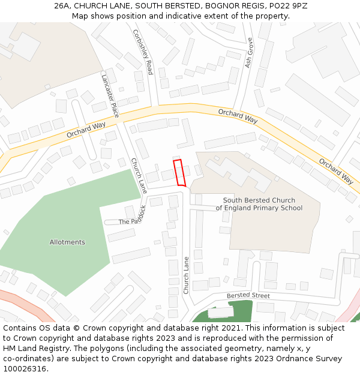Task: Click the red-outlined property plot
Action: pos(179,172)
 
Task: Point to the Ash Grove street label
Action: pos(249,53)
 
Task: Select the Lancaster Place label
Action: pos(110,95)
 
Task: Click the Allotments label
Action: pos(67,242)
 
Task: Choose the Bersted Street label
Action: pos(248,296)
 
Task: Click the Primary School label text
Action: pos(259,208)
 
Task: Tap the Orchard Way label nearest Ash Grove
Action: pos(238,116)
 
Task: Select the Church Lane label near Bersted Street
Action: pos(186,275)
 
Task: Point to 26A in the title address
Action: pos(62,6)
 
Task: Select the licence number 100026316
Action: pos(26,369)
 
